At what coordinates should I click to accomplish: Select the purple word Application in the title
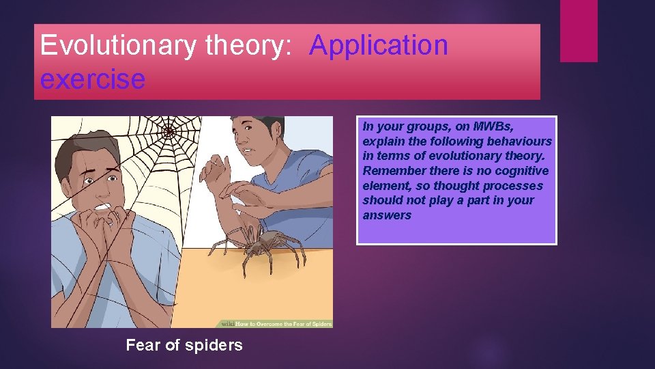point(379,46)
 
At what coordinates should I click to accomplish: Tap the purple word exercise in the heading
point(92,79)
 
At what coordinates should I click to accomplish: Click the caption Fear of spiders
point(184,345)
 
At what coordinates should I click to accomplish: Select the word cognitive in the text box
point(522,171)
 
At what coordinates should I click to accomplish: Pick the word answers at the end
point(387,215)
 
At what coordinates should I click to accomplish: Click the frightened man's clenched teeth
point(104,206)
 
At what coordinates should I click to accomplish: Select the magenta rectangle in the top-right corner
point(579,31)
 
